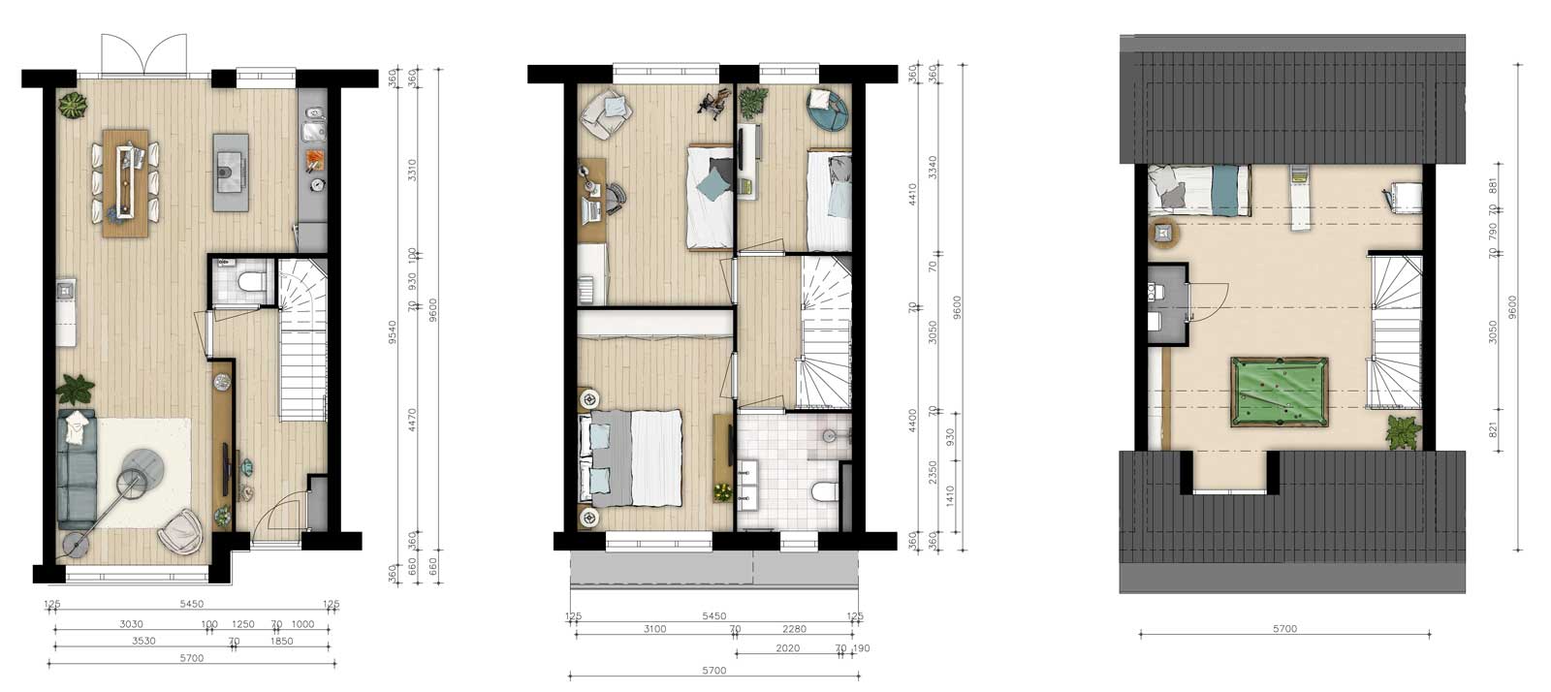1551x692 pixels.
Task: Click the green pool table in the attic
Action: tap(1281, 392)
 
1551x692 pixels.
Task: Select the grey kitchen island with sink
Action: tap(232, 173)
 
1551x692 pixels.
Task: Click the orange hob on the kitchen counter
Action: tap(313, 158)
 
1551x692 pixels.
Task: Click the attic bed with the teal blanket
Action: tap(1199, 188)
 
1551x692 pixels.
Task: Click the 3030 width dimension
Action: tap(131, 624)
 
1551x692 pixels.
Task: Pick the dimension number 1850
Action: tap(281, 642)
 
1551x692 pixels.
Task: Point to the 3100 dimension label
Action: tap(654, 629)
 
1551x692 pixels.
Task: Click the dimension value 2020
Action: tap(787, 648)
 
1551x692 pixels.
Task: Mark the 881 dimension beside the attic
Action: tap(1493, 185)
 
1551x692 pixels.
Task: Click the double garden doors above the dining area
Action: tap(143, 54)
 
